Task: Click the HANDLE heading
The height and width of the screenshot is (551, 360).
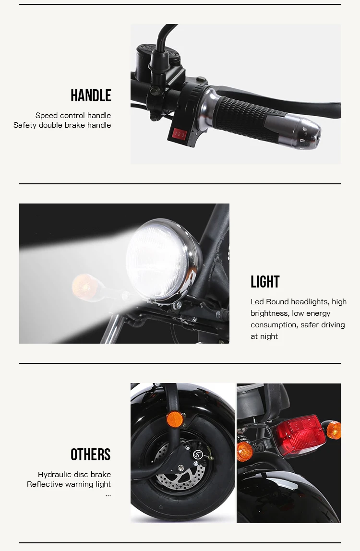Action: point(91,96)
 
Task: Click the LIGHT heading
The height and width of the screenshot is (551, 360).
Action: point(265,282)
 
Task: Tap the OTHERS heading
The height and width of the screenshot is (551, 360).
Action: point(90,455)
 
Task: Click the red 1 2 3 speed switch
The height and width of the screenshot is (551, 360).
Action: point(179,134)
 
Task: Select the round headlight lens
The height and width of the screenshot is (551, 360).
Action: point(156,260)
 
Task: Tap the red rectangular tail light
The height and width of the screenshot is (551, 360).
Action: point(298,436)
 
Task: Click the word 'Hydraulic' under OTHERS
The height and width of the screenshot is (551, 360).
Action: point(55,474)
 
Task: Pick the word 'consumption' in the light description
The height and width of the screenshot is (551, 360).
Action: point(274,324)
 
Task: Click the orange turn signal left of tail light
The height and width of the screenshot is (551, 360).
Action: point(245,451)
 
